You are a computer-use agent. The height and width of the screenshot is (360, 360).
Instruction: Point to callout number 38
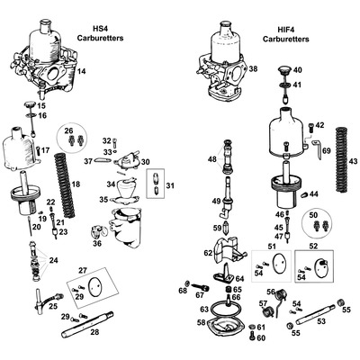pyautogui.click(x=254, y=69)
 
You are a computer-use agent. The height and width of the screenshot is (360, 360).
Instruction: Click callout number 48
pyautogui.click(x=211, y=159)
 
